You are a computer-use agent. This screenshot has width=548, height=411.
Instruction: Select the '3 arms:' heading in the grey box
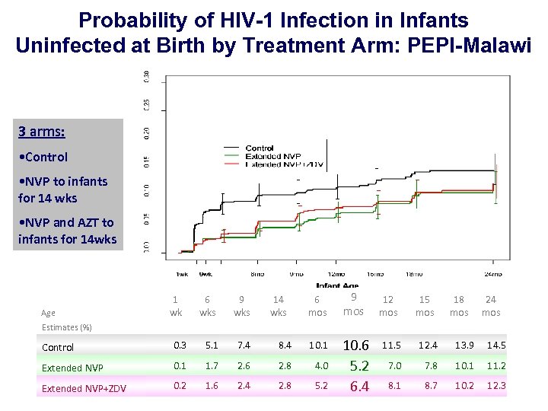coord(41,132)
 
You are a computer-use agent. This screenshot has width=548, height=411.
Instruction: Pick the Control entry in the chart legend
coord(260,148)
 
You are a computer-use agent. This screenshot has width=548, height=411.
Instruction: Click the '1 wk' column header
coord(176,306)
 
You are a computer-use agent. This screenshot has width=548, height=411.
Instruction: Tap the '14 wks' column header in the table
coord(279,306)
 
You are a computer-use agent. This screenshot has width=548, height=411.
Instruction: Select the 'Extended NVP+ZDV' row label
coord(84,388)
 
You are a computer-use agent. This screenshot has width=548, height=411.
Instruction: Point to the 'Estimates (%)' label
coord(66,327)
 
